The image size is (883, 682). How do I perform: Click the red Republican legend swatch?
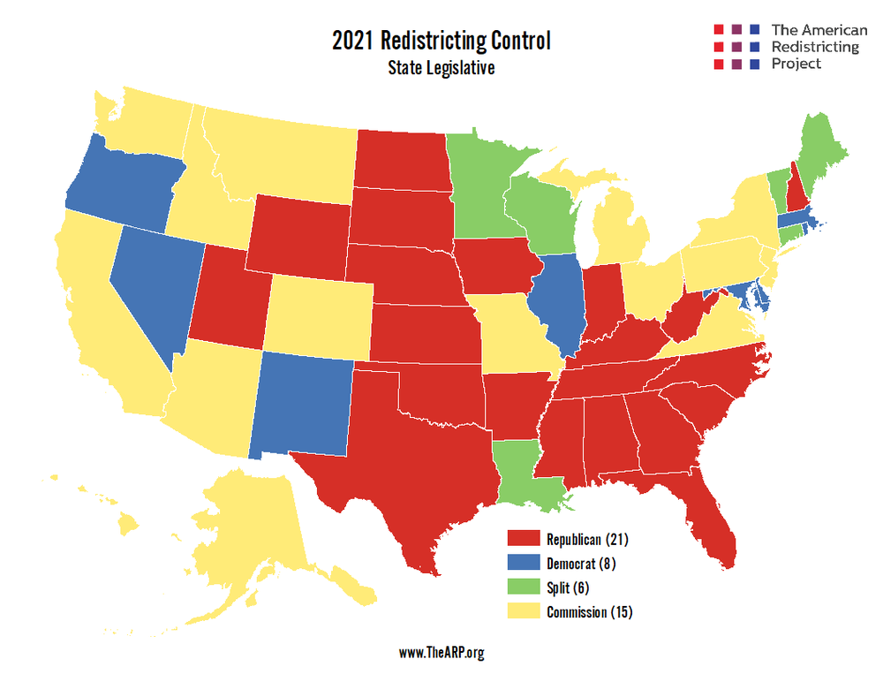523,539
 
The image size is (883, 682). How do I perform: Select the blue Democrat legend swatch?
523,563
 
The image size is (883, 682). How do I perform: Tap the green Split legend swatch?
523,587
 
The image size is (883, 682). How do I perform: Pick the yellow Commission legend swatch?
523,612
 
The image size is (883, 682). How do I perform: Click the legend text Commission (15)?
589,612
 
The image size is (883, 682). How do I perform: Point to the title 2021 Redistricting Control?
441,42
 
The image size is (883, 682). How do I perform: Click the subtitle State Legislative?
441,68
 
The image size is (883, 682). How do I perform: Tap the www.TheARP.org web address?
441,653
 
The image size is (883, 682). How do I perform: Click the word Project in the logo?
796,64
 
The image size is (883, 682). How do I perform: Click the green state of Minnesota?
481,186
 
